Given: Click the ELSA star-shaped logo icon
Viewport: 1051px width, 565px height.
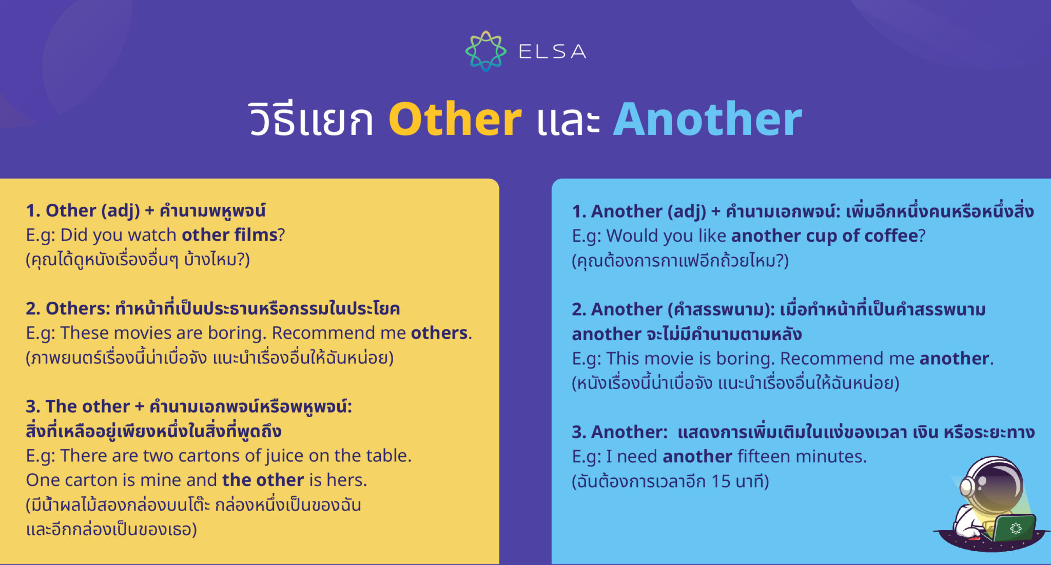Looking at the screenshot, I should pos(485,51).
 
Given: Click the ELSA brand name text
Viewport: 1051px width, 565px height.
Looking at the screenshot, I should pos(552,51).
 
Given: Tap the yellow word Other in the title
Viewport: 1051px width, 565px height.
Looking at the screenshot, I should pos(455,120).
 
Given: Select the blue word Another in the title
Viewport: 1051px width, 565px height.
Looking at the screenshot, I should pos(708,120).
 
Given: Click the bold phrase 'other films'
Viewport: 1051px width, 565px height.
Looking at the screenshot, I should pos(229,235).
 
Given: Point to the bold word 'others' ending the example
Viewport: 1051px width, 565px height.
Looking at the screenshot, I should pos(439,333).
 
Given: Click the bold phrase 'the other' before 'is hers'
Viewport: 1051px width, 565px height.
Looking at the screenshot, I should pos(263,480).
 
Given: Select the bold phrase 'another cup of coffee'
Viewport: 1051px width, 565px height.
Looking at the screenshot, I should pos(824,236).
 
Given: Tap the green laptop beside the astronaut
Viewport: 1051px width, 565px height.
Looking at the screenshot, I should pos(1014,529).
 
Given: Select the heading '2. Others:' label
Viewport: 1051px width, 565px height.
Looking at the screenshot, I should pos(68,308).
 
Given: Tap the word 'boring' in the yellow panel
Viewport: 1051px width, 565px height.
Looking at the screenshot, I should pos(237,333).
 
